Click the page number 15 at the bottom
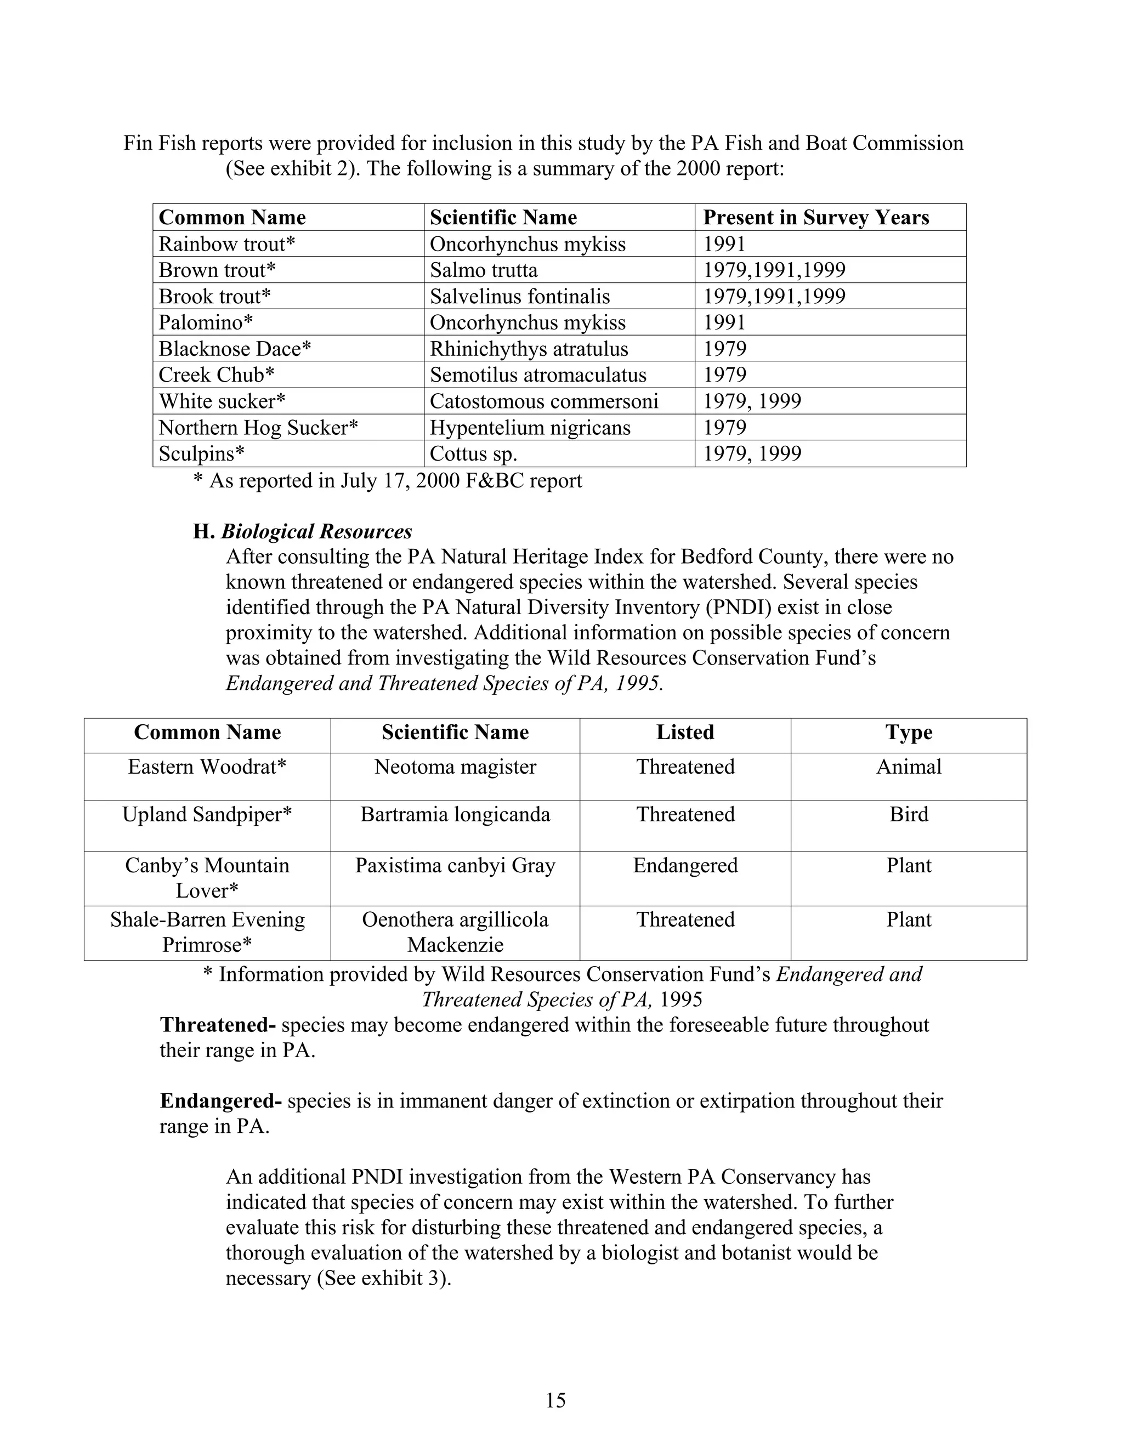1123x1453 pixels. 555,1400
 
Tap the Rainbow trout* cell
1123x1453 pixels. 226,244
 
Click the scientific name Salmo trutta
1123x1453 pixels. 483,270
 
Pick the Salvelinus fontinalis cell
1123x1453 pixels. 520,296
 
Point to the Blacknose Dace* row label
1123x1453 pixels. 235,349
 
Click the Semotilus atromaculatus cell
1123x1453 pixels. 537,374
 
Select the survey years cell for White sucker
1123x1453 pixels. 752,401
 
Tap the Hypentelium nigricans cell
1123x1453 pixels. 530,427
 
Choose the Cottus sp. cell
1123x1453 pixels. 473,454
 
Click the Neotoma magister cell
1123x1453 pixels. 455,767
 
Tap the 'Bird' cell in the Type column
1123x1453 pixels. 908,814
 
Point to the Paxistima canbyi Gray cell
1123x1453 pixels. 455,866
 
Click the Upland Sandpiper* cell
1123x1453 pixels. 207,814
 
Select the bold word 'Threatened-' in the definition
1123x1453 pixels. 218,1025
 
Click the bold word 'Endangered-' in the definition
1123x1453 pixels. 221,1101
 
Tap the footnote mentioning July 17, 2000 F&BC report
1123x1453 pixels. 387,481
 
